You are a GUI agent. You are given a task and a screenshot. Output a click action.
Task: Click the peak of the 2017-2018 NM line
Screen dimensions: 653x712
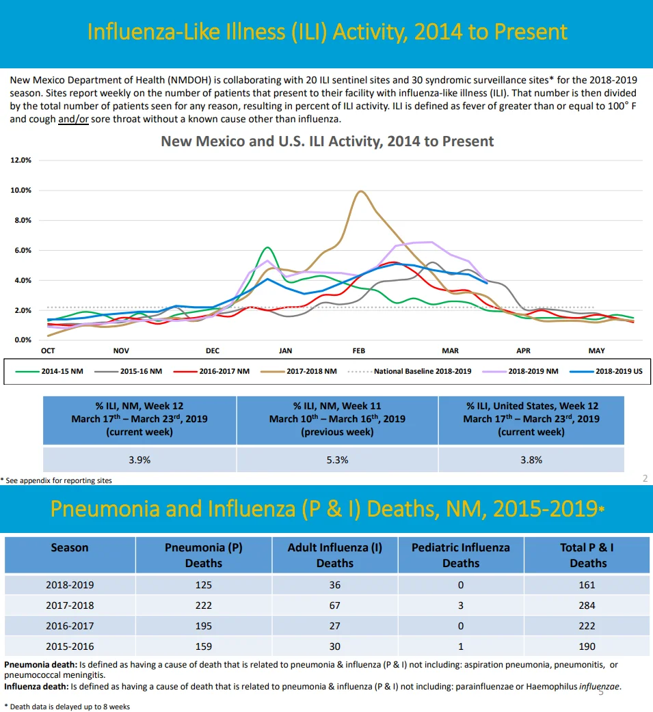click(360, 191)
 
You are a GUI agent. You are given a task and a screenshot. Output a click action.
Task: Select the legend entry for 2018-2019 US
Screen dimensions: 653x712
click(606, 371)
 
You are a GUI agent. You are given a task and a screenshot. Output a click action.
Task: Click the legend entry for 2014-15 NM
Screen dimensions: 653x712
click(49, 371)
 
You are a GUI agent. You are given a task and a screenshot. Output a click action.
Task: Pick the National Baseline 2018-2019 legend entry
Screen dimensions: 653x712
click(410, 371)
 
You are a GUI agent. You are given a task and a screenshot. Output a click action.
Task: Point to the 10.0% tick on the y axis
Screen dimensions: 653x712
click(21, 190)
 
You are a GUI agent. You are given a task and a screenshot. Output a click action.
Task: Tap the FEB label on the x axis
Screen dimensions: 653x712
click(358, 351)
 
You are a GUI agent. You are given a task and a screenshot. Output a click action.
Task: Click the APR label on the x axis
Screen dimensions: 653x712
click(523, 351)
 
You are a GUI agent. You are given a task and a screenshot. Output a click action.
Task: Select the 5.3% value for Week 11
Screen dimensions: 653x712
click(337, 460)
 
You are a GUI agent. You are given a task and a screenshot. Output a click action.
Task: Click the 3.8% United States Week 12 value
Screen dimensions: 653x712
click(531, 460)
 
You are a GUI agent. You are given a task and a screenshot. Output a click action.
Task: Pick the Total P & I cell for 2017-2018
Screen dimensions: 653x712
click(587, 605)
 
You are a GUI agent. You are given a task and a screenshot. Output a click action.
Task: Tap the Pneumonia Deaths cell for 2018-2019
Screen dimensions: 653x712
click(204, 585)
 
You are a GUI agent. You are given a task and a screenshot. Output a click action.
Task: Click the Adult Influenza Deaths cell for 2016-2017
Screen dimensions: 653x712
click(335, 626)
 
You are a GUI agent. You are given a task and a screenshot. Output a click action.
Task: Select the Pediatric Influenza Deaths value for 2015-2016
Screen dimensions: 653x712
click(461, 646)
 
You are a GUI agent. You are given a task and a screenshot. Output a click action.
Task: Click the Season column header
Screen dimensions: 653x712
click(70, 547)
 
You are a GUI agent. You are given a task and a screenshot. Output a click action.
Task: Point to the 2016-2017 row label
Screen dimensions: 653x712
click(70, 626)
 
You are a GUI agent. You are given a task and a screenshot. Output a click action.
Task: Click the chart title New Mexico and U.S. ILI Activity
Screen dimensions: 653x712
click(327, 141)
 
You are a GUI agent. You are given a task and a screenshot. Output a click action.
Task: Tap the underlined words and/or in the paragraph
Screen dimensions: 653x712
click(73, 120)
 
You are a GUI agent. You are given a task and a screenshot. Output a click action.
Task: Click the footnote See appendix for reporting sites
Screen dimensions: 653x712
click(56, 480)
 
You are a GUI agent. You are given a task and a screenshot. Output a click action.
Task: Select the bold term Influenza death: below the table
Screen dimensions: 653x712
click(37, 687)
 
